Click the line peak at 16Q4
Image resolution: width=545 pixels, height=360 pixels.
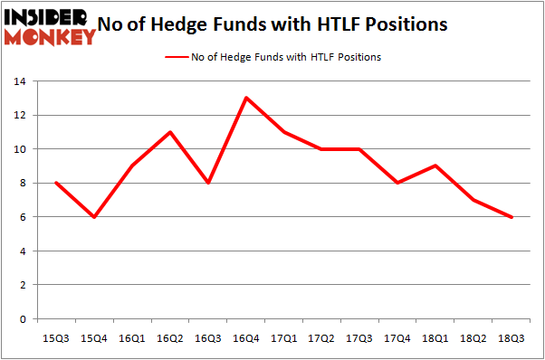pyautogui.click(x=245, y=98)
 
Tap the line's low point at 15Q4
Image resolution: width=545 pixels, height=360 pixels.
pyautogui.click(x=94, y=217)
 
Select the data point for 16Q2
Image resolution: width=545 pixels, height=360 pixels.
pyautogui.click(x=169, y=132)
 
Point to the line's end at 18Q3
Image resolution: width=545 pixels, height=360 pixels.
pyautogui.click(x=512, y=217)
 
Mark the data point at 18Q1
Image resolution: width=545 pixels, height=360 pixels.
pyautogui.click(x=435, y=166)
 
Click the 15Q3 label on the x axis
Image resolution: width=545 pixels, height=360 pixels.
pyautogui.click(x=56, y=337)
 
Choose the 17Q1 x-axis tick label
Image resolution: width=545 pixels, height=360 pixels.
pyautogui.click(x=283, y=337)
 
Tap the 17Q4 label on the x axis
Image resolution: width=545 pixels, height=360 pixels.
pyautogui.click(x=397, y=337)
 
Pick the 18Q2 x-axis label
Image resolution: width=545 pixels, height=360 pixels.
pyautogui.click(x=473, y=337)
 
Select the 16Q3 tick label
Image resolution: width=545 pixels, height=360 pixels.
pyautogui.click(x=207, y=337)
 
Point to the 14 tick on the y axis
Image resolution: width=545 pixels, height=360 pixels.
pyautogui.click(x=17, y=81)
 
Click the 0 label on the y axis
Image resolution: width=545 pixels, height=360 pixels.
pyautogui.click(x=21, y=319)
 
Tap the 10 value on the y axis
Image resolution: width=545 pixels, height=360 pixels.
pyautogui.click(x=17, y=149)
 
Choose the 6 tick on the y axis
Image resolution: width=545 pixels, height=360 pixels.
pyautogui.click(x=21, y=217)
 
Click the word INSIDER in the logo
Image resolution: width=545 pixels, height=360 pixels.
pyautogui.click(x=45, y=17)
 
